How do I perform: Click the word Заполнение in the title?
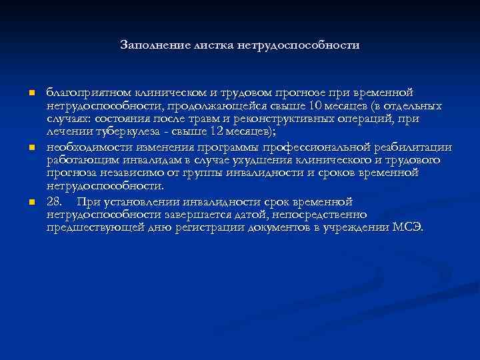[x=153, y=45]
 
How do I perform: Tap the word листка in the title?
[x=211, y=45]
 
